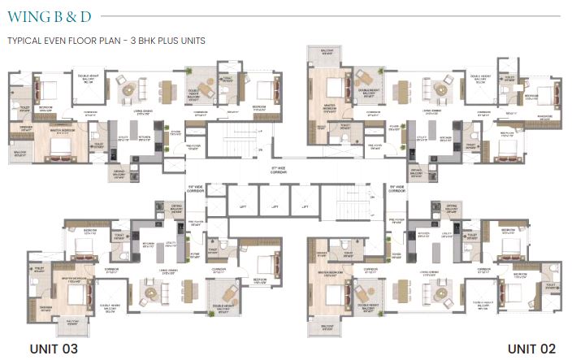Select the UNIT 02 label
pyautogui.click(x=531, y=348)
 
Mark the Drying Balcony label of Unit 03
pyautogui.click(x=177, y=209)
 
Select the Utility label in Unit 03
pyautogui.click(x=171, y=243)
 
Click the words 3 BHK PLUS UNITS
pyautogui.click(x=166, y=40)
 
